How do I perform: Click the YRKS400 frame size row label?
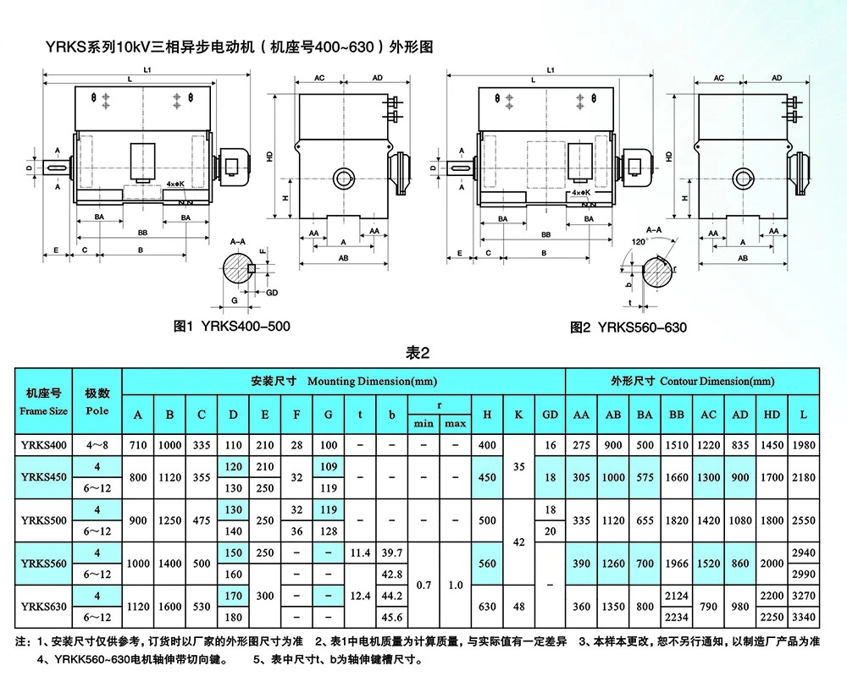44,445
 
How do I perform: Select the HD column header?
772,415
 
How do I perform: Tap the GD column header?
550,415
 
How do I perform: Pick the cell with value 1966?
677,564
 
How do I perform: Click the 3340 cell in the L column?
804,617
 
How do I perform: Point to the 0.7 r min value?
424,585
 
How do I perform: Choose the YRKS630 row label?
44,606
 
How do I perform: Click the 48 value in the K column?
518,606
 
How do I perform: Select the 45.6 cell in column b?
392,617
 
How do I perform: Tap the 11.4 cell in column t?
360,553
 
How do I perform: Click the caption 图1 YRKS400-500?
232,326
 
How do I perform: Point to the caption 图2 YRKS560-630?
628,327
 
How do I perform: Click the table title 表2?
418,353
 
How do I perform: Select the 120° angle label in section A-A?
639,242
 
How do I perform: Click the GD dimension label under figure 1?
272,293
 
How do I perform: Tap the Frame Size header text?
44,410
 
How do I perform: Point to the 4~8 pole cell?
97,445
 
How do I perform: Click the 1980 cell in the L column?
804,445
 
